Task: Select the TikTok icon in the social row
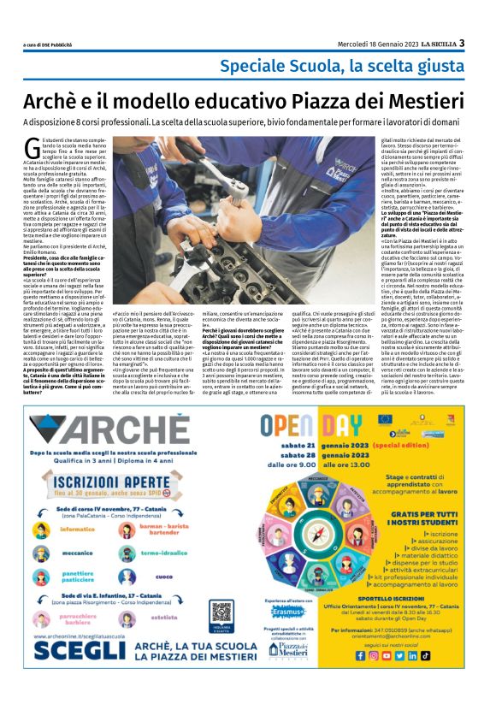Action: coord(425,655)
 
